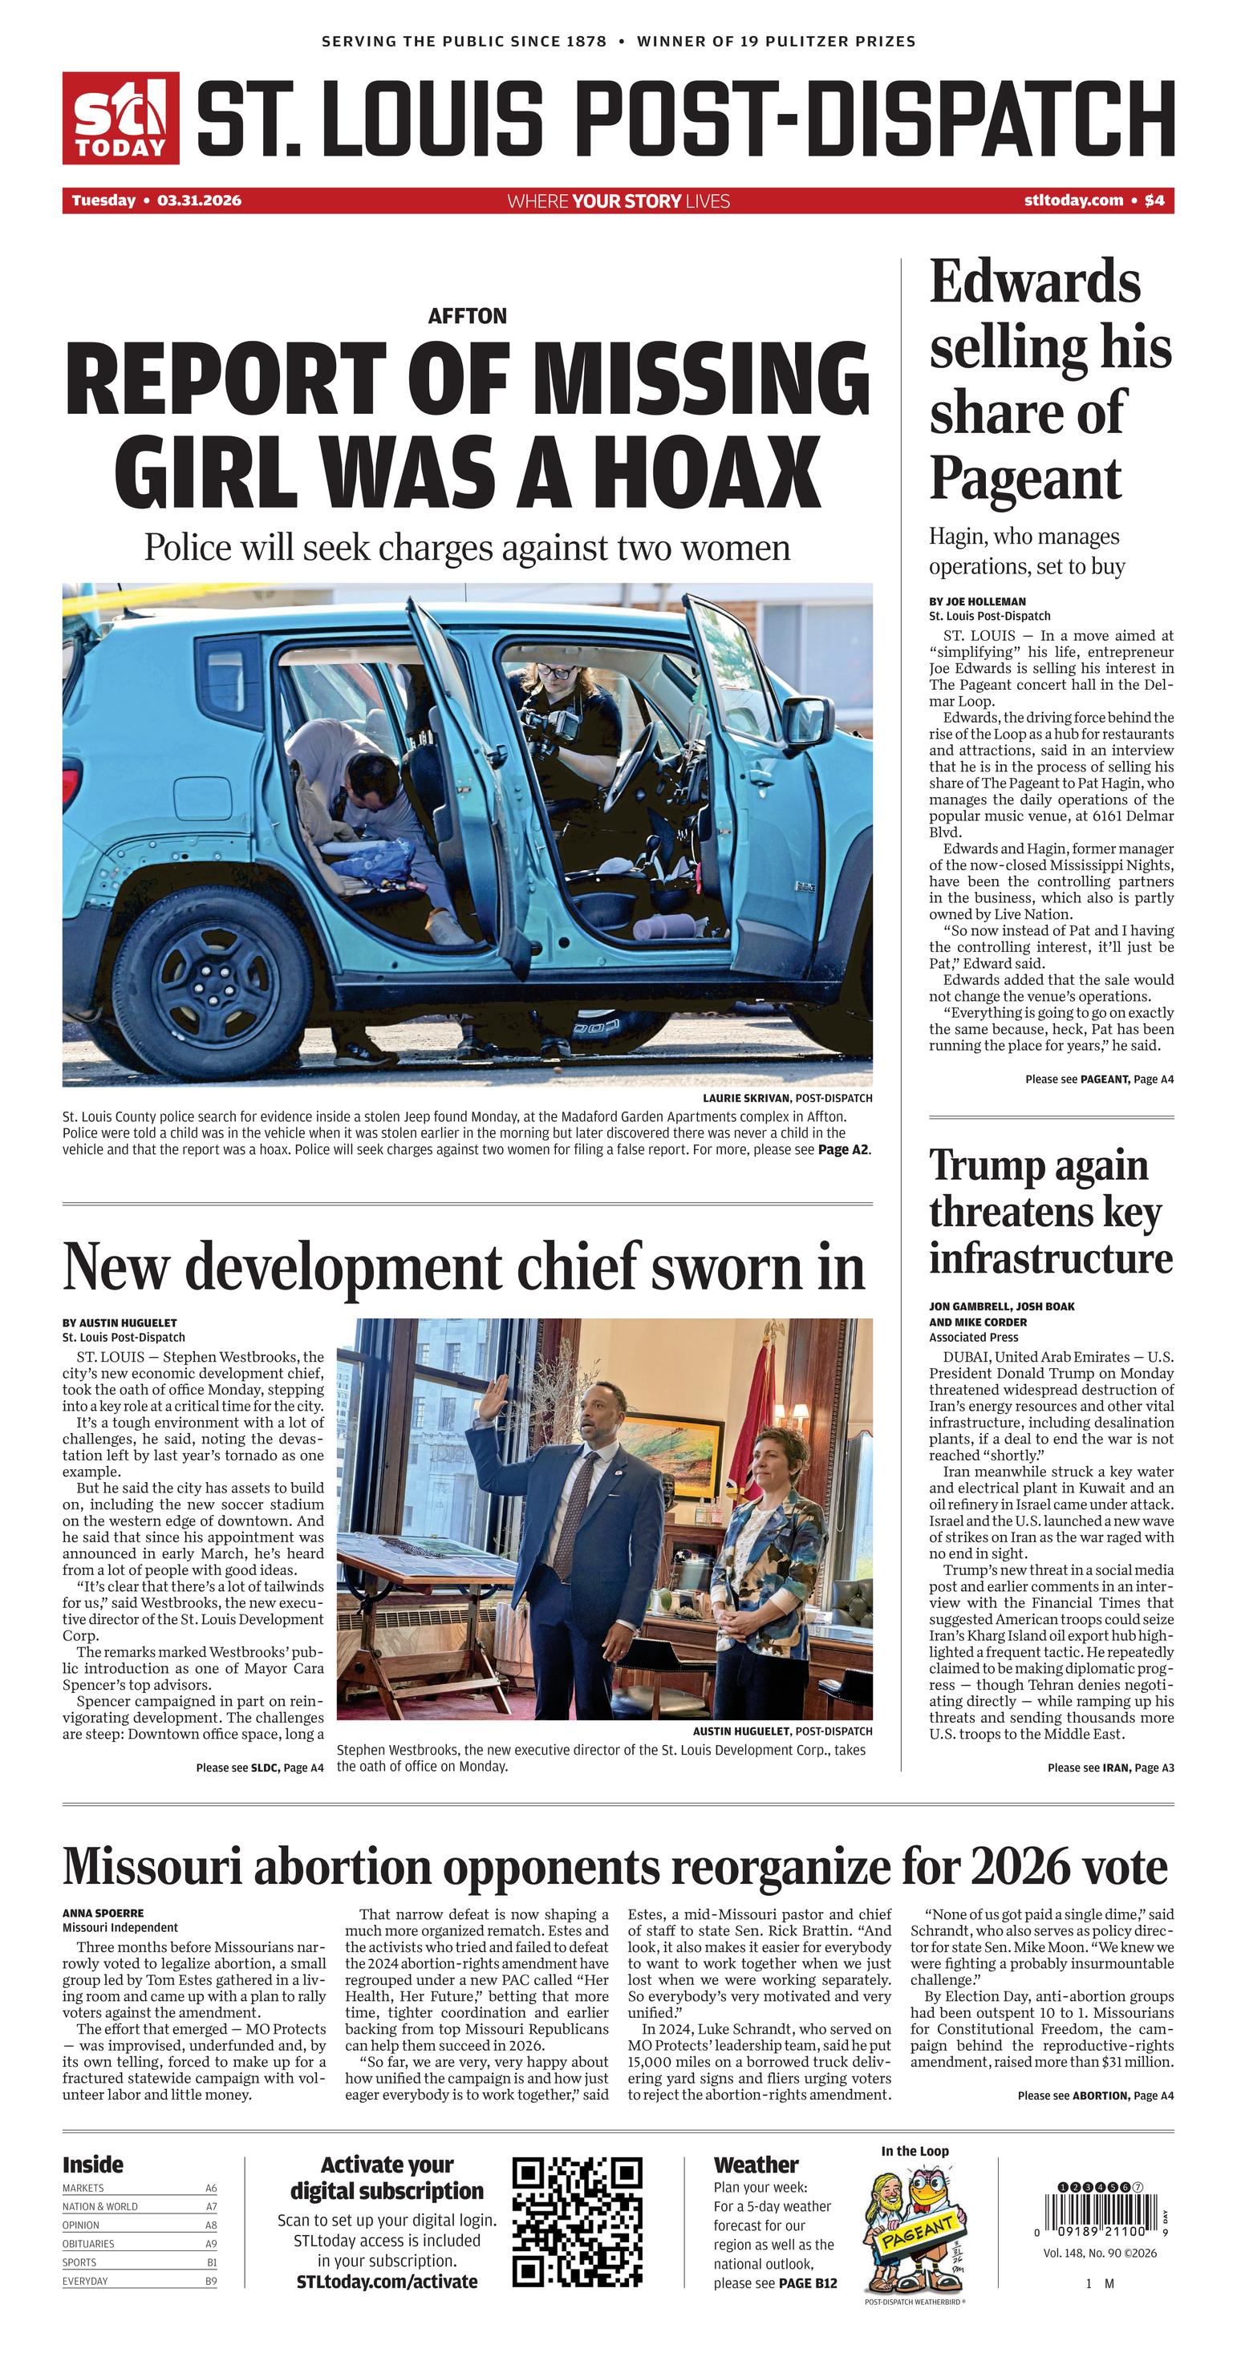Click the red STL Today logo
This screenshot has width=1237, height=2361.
coord(120,118)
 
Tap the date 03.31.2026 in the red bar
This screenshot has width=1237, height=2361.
coord(199,200)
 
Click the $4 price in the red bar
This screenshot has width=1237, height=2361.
coord(1154,200)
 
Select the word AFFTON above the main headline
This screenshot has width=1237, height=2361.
coord(467,316)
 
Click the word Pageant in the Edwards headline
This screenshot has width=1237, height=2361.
coord(1024,479)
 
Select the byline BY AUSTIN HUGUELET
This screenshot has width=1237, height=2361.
coord(120,1322)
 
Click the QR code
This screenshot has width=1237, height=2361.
coord(577,2221)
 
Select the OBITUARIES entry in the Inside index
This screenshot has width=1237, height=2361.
coord(89,2244)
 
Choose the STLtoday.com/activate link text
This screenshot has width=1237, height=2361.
coord(386,2282)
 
